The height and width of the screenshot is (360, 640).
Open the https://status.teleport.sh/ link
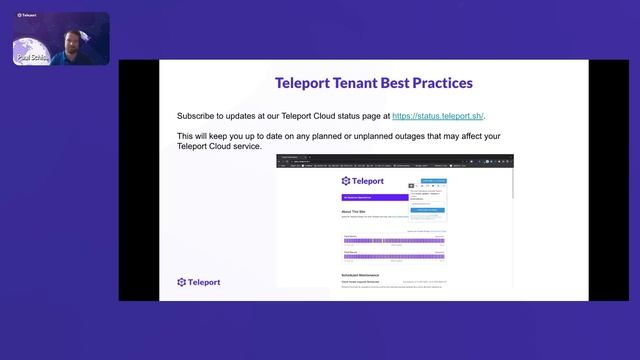click(x=438, y=116)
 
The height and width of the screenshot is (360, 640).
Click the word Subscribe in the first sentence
click(x=198, y=116)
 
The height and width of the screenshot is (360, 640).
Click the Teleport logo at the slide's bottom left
click(x=198, y=282)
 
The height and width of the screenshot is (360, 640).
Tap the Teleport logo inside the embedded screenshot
click(x=362, y=181)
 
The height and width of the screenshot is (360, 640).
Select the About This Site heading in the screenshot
click(x=356, y=211)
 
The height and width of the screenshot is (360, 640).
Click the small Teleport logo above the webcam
click(x=26, y=15)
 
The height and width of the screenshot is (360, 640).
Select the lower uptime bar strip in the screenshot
click(x=393, y=256)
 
